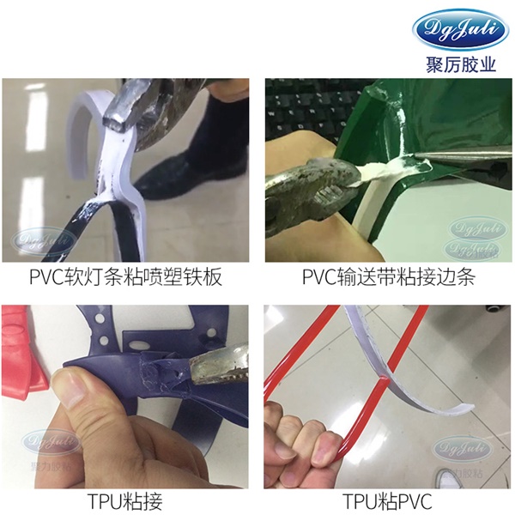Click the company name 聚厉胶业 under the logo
(x=457, y=64)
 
